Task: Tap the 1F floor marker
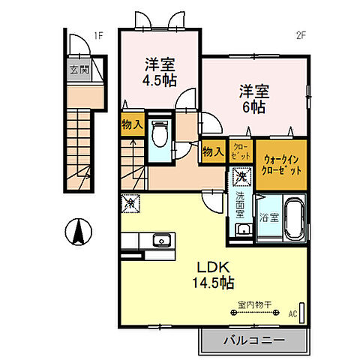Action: coord(98,35)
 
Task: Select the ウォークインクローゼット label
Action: coord(282,165)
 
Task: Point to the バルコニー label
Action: coord(253,340)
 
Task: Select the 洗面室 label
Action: coord(241,206)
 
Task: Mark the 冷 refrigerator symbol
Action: coord(130,202)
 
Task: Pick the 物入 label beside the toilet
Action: coord(132,124)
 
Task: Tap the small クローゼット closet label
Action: coord(241,150)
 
